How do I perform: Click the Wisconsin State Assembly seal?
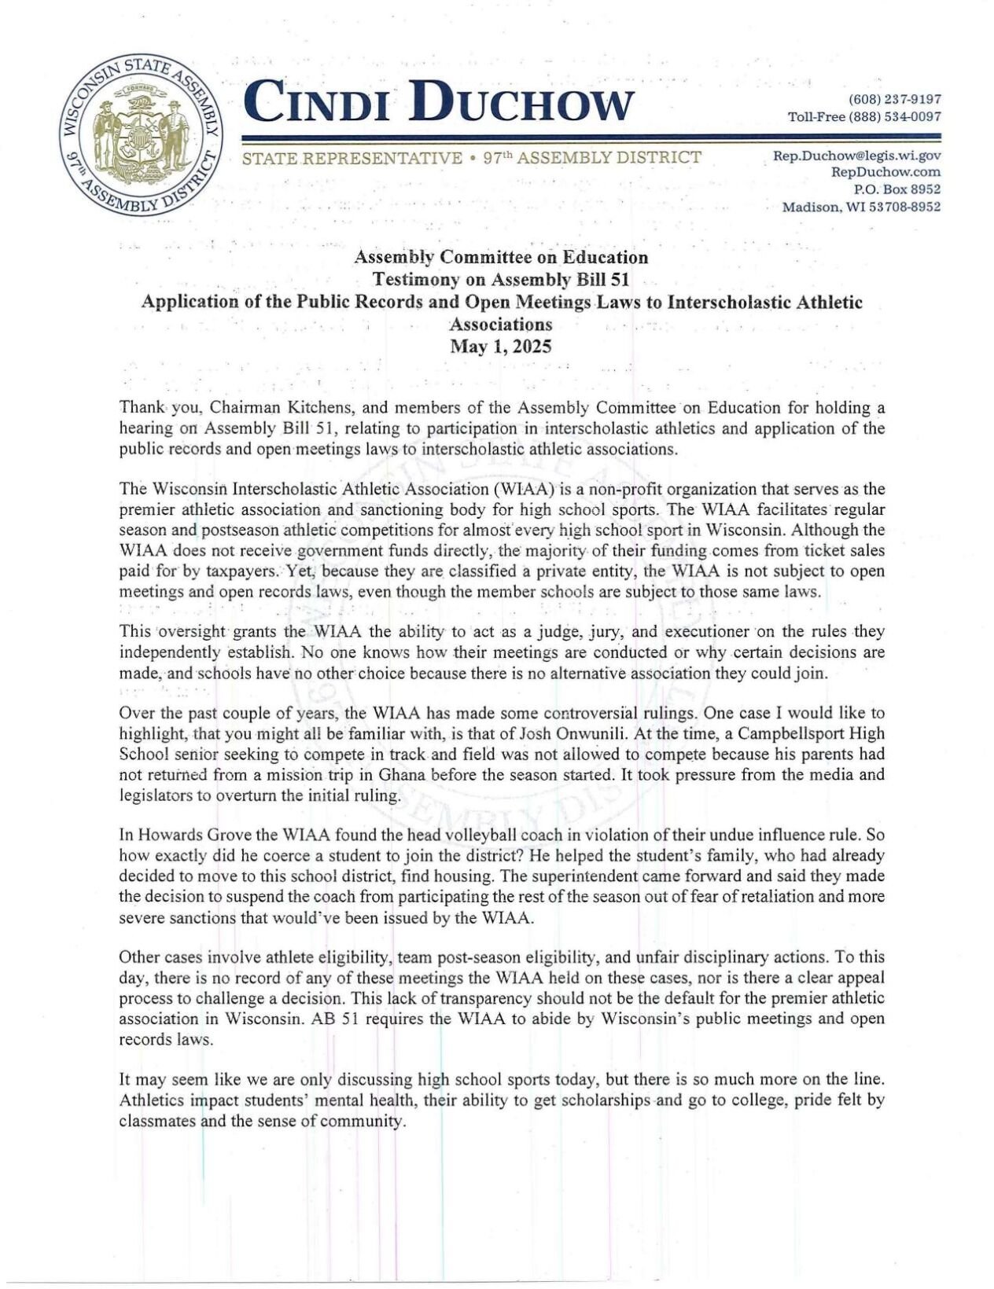pos(142,136)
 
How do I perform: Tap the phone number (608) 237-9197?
pos(895,100)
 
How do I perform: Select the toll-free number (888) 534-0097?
pos(895,117)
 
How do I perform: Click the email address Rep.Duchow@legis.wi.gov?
pos(857,156)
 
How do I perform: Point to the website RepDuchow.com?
pos(885,172)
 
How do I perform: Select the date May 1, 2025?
pos(500,347)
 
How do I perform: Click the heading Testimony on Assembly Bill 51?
pos(500,279)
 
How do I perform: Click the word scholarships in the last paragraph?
pos(606,1100)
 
